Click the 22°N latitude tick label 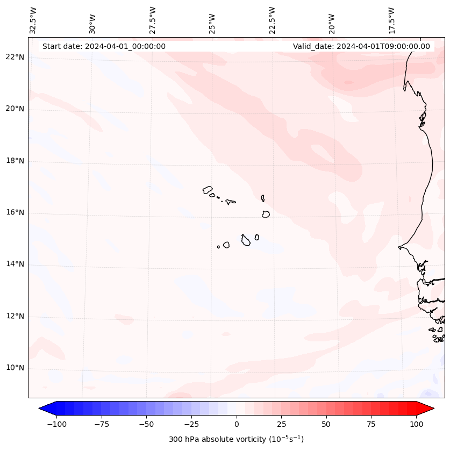pyautogui.click(x=15, y=58)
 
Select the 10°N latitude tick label pyautogui.click(x=15, y=368)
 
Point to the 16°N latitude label pyautogui.click(x=15, y=213)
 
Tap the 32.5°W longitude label pyautogui.click(x=33, y=20)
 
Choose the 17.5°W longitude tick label pyautogui.click(x=391, y=20)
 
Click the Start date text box pyautogui.click(x=104, y=46)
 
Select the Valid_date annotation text pyautogui.click(x=361, y=46)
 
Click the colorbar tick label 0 pyautogui.click(x=237, y=424)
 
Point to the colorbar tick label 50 pyautogui.click(x=326, y=424)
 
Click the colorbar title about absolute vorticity pyautogui.click(x=236, y=439)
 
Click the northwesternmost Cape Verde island pyautogui.click(x=208, y=190)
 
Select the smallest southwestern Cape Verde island pyautogui.click(x=218, y=247)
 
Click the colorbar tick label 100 pyautogui.click(x=416, y=424)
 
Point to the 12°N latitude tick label pyautogui.click(x=15, y=317)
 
